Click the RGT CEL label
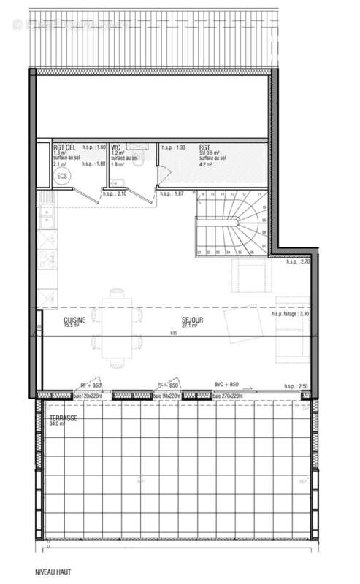pyautogui.click(x=65, y=147)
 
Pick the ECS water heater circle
pyautogui.click(x=62, y=176)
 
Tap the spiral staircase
pyautogui.click(x=229, y=223)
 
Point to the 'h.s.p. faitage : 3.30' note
pyautogui.click(x=290, y=314)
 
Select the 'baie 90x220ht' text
pyautogui.click(x=166, y=396)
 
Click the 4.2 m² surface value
pyautogui.click(x=206, y=165)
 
